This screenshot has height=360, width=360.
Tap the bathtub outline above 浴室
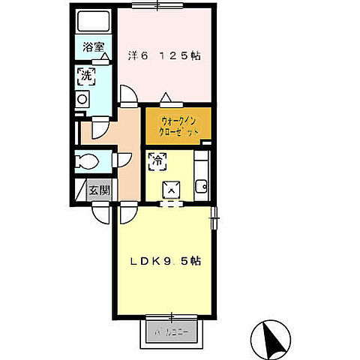[x=93, y=22]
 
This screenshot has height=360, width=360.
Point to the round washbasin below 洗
[x=83, y=97]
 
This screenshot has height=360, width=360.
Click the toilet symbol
[x=87, y=161]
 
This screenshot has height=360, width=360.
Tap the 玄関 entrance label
[x=99, y=189]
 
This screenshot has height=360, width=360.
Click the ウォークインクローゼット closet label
[x=179, y=125]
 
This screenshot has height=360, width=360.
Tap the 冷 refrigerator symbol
[x=158, y=160]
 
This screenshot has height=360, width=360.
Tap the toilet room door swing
[x=120, y=160]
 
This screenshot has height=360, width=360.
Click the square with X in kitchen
[x=171, y=191]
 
